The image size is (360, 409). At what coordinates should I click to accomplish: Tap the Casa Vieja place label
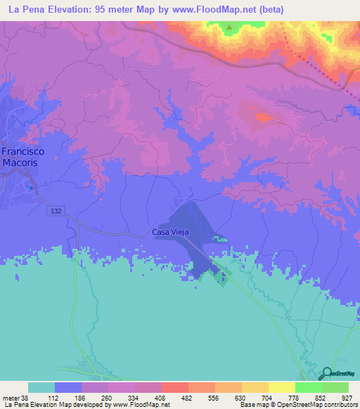(169, 233)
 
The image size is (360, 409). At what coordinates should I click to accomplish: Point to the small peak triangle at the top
(229, 28)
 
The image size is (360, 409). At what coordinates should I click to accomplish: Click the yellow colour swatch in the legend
(281, 387)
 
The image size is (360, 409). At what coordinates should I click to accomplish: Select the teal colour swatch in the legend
(41, 387)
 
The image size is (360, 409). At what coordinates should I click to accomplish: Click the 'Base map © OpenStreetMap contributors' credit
(294, 405)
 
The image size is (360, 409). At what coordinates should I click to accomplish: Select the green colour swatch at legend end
(335, 387)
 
